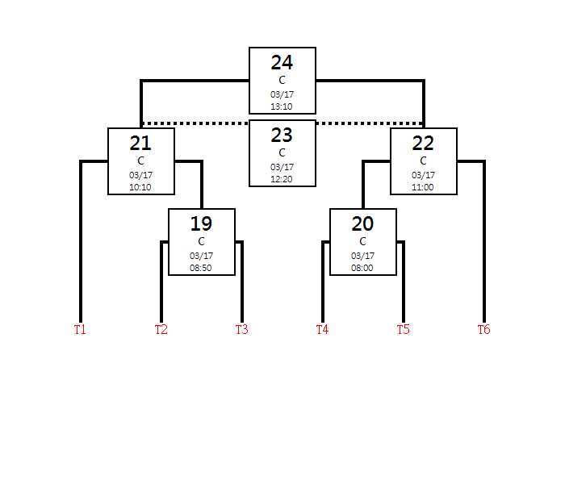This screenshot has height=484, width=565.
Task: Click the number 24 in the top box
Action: [x=282, y=63]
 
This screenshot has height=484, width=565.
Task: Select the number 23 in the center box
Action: [x=282, y=136]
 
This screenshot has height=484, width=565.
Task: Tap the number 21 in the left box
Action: [x=140, y=144]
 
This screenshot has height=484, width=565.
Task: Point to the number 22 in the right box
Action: [x=423, y=144]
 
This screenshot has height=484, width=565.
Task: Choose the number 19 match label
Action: [x=201, y=224]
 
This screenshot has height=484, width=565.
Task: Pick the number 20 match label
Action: [x=362, y=224]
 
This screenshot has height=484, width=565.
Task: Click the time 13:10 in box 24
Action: [x=282, y=106]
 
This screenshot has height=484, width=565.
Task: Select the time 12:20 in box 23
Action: [x=282, y=179]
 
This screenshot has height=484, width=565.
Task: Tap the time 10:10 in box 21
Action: [x=140, y=187]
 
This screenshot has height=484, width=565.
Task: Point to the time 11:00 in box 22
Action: [x=423, y=187]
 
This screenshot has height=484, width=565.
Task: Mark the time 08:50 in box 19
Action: [x=201, y=268]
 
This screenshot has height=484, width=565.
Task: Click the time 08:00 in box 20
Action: [x=362, y=268]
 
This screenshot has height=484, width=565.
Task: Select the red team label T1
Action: [x=80, y=329]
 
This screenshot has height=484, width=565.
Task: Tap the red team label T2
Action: [x=161, y=329]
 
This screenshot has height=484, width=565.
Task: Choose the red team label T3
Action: [x=242, y=329]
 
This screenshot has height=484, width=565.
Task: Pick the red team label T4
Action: [x=323, y=329]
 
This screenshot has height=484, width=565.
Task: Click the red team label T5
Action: [x=404, y=329]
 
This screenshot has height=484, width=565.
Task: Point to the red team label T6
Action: [x=484, y=329]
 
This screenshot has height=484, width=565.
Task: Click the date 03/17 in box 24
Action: [x=282, y=94]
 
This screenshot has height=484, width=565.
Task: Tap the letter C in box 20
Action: [x=362, y=241]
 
